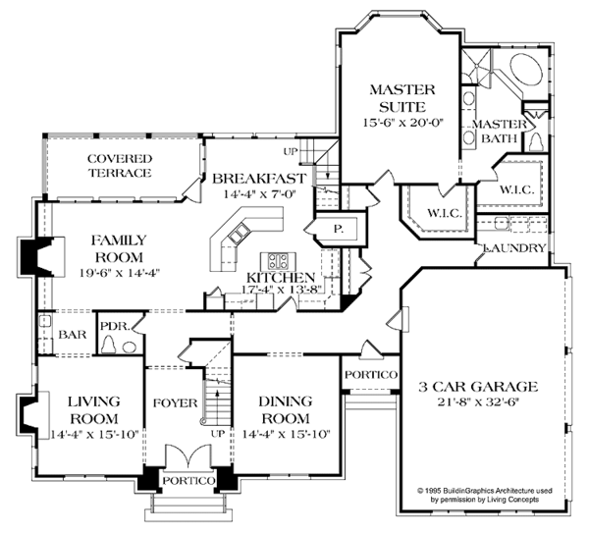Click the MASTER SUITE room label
point(402,98)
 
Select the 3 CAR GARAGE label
point(479,386)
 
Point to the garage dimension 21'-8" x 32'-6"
point(479,402)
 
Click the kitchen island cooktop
point(278,261)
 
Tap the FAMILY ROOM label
point(119,248)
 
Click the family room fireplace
point(37,256)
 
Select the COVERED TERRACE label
point(120,166)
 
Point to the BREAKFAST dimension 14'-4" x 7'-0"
point(260,194)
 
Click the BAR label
point(73,335)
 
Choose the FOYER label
point(176,403)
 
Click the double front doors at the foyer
point(188,456)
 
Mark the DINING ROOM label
point(285,409)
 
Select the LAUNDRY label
point(514,248)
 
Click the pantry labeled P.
point(339,229)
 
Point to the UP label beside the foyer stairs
point(218,434)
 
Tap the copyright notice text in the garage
point(485,495)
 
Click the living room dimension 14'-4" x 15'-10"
point(94,434)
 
